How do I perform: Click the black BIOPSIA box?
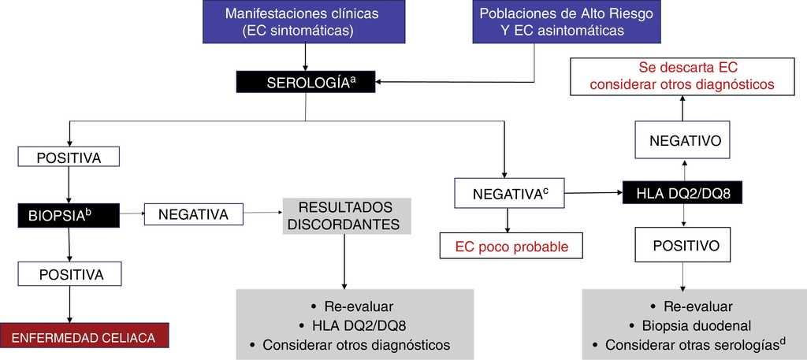69,213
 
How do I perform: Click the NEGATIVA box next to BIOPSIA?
194,214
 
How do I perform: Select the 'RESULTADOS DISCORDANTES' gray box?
345,215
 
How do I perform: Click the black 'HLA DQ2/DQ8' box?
682,192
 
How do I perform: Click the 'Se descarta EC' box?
682,76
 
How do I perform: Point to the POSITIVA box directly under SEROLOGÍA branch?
69,157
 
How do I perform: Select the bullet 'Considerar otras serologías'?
694,344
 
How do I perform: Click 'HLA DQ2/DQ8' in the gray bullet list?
356,325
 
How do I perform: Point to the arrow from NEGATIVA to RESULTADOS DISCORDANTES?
263,213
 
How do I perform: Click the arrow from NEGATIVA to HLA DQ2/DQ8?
593,192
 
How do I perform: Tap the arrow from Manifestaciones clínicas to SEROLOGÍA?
305,57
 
